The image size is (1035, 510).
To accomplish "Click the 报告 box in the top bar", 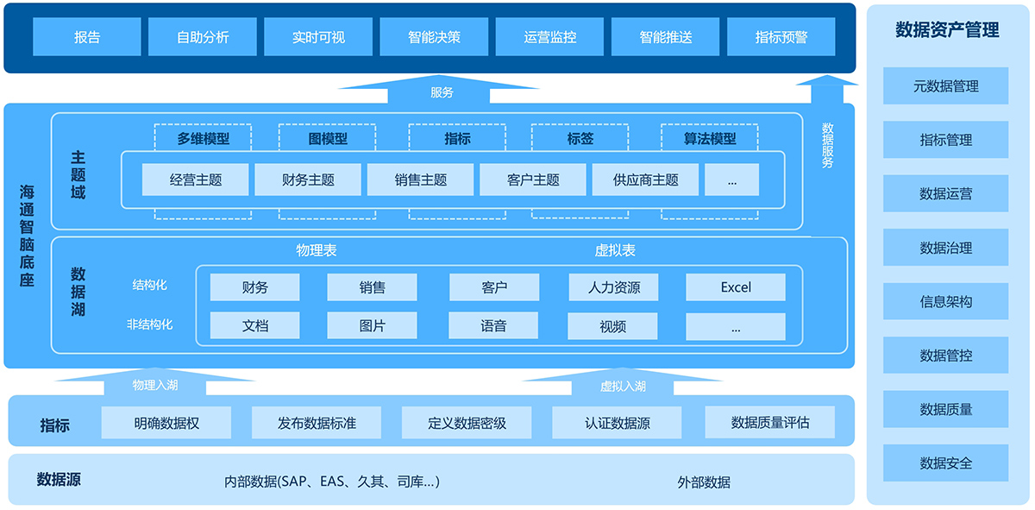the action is pyautogui.click(x=87, y=37).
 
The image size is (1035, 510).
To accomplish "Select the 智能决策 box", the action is pyautogui.click(x=434, y=37).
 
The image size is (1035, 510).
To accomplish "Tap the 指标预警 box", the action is pyautogui.click(x=781, y=37).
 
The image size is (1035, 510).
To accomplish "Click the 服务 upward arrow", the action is pyautogui.click(x=439, y=90).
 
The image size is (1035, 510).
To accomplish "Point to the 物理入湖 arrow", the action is pyautogui.click(x=155, y=382).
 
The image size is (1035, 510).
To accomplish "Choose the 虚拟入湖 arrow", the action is pyautogui.click(x=623, y=382).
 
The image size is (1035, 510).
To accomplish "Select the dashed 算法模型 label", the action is pyautogui.click(x=710, y=138).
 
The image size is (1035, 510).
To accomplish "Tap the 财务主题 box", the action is pyautogui.click(x=308, y=179).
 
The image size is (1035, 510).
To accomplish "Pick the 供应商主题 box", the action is pyautogui.click(x=645, y=179).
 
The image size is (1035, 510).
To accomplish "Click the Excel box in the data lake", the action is pyautogui.click(x=736, y=287).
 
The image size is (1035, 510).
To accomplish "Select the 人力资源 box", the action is pyautogui.click(x=613, y=287).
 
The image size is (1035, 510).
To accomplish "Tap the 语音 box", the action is pyautogui.click(x=493, y=326).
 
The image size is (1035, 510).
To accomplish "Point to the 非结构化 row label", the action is pyautogui.click(x=150, y=324).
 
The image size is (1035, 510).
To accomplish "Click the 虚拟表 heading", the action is pyautogui.click(x=614, y=250).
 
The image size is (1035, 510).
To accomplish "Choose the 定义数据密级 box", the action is pyautogui.click(x=467, y=423).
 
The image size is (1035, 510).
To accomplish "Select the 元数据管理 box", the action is pyautogui.click(x=946, y=86).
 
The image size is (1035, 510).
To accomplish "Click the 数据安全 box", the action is pyautogui.click(x=946, y=463).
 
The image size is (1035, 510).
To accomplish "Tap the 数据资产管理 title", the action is pyautogui.click(x=947, y=29).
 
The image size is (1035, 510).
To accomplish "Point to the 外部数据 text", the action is pyautogui.click(x=704, y=482).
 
